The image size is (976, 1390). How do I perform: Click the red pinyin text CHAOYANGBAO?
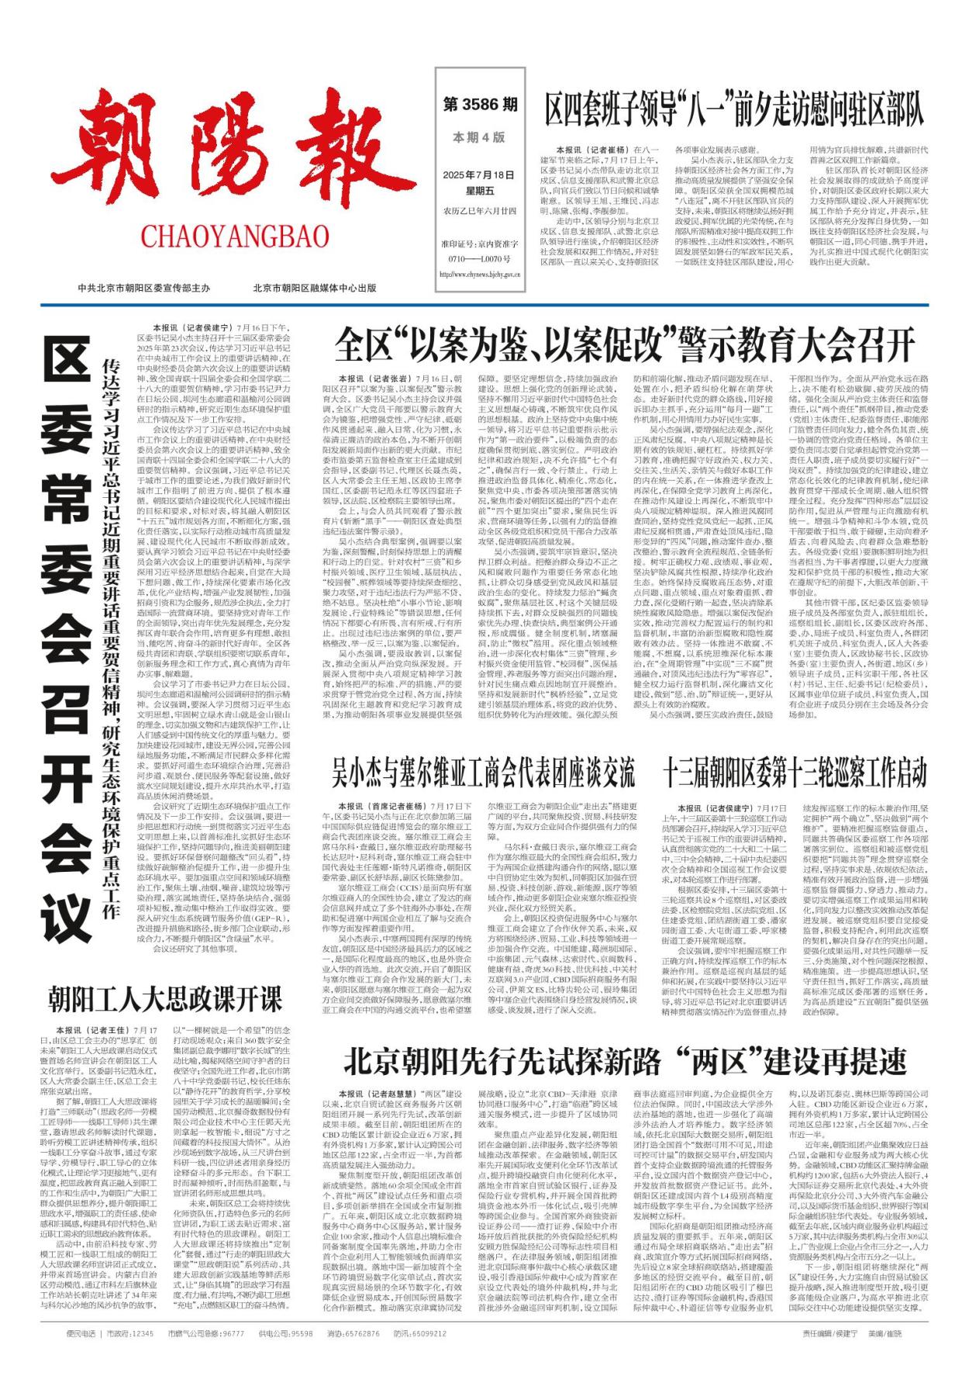235,236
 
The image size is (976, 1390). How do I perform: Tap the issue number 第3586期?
480,104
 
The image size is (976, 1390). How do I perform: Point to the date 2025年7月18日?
479,175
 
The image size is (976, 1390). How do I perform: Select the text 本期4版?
479,137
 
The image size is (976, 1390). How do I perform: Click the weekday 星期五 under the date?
479,190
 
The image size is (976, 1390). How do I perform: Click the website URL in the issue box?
479,274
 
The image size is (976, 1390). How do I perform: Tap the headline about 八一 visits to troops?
733,109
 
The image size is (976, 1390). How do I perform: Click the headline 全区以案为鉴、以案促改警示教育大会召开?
624,345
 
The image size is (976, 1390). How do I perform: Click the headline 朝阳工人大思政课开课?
165,998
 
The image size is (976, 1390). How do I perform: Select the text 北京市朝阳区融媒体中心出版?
314,288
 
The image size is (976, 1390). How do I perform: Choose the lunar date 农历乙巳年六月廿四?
479,210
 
